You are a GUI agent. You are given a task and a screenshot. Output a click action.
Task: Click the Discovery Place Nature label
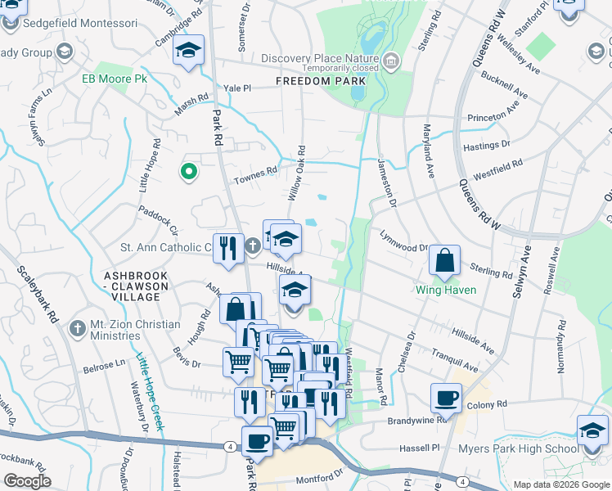320,58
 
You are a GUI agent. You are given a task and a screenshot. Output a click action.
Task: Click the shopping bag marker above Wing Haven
444,261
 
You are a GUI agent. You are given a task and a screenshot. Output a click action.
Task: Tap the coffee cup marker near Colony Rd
447,398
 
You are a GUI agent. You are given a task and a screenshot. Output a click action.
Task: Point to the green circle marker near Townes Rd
188,172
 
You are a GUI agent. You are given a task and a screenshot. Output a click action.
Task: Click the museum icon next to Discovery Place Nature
391,59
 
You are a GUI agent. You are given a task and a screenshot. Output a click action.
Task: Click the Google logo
27,481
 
